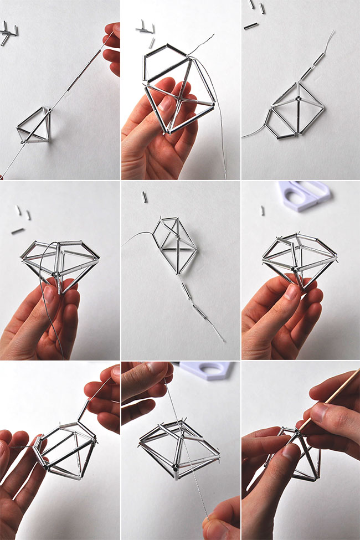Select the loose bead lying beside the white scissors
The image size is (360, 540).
click(x=262, y=210)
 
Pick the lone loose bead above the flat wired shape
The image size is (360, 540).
click(x=145, y=197)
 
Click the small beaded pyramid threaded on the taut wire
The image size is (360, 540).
click(x=33, y=125)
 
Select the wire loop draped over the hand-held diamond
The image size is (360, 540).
click(x=42, y=277)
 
